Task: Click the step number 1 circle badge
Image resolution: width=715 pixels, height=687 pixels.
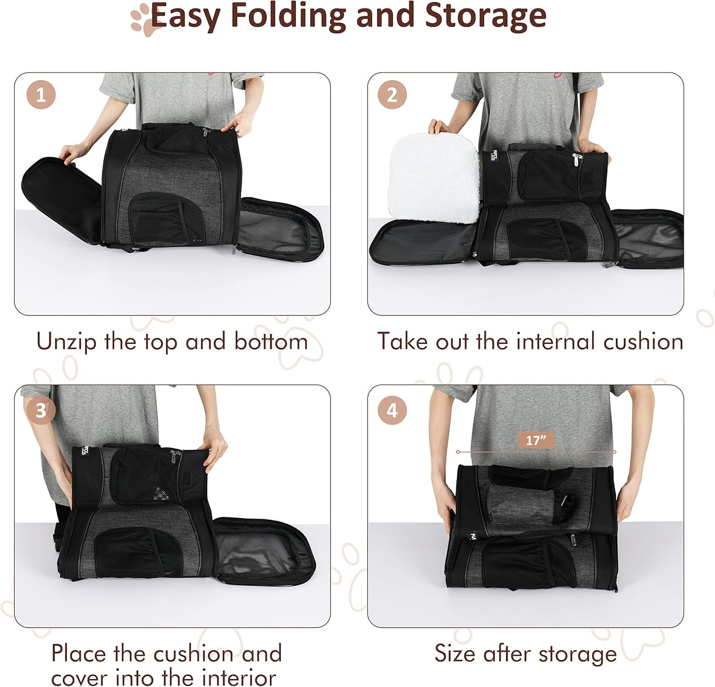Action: [41, 95]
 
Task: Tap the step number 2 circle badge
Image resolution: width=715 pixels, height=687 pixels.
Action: [392, 95]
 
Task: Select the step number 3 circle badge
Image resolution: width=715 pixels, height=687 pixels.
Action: [41, 410]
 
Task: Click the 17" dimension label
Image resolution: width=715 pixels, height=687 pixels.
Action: [535, 440]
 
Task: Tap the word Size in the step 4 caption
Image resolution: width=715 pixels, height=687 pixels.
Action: [455, 653]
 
